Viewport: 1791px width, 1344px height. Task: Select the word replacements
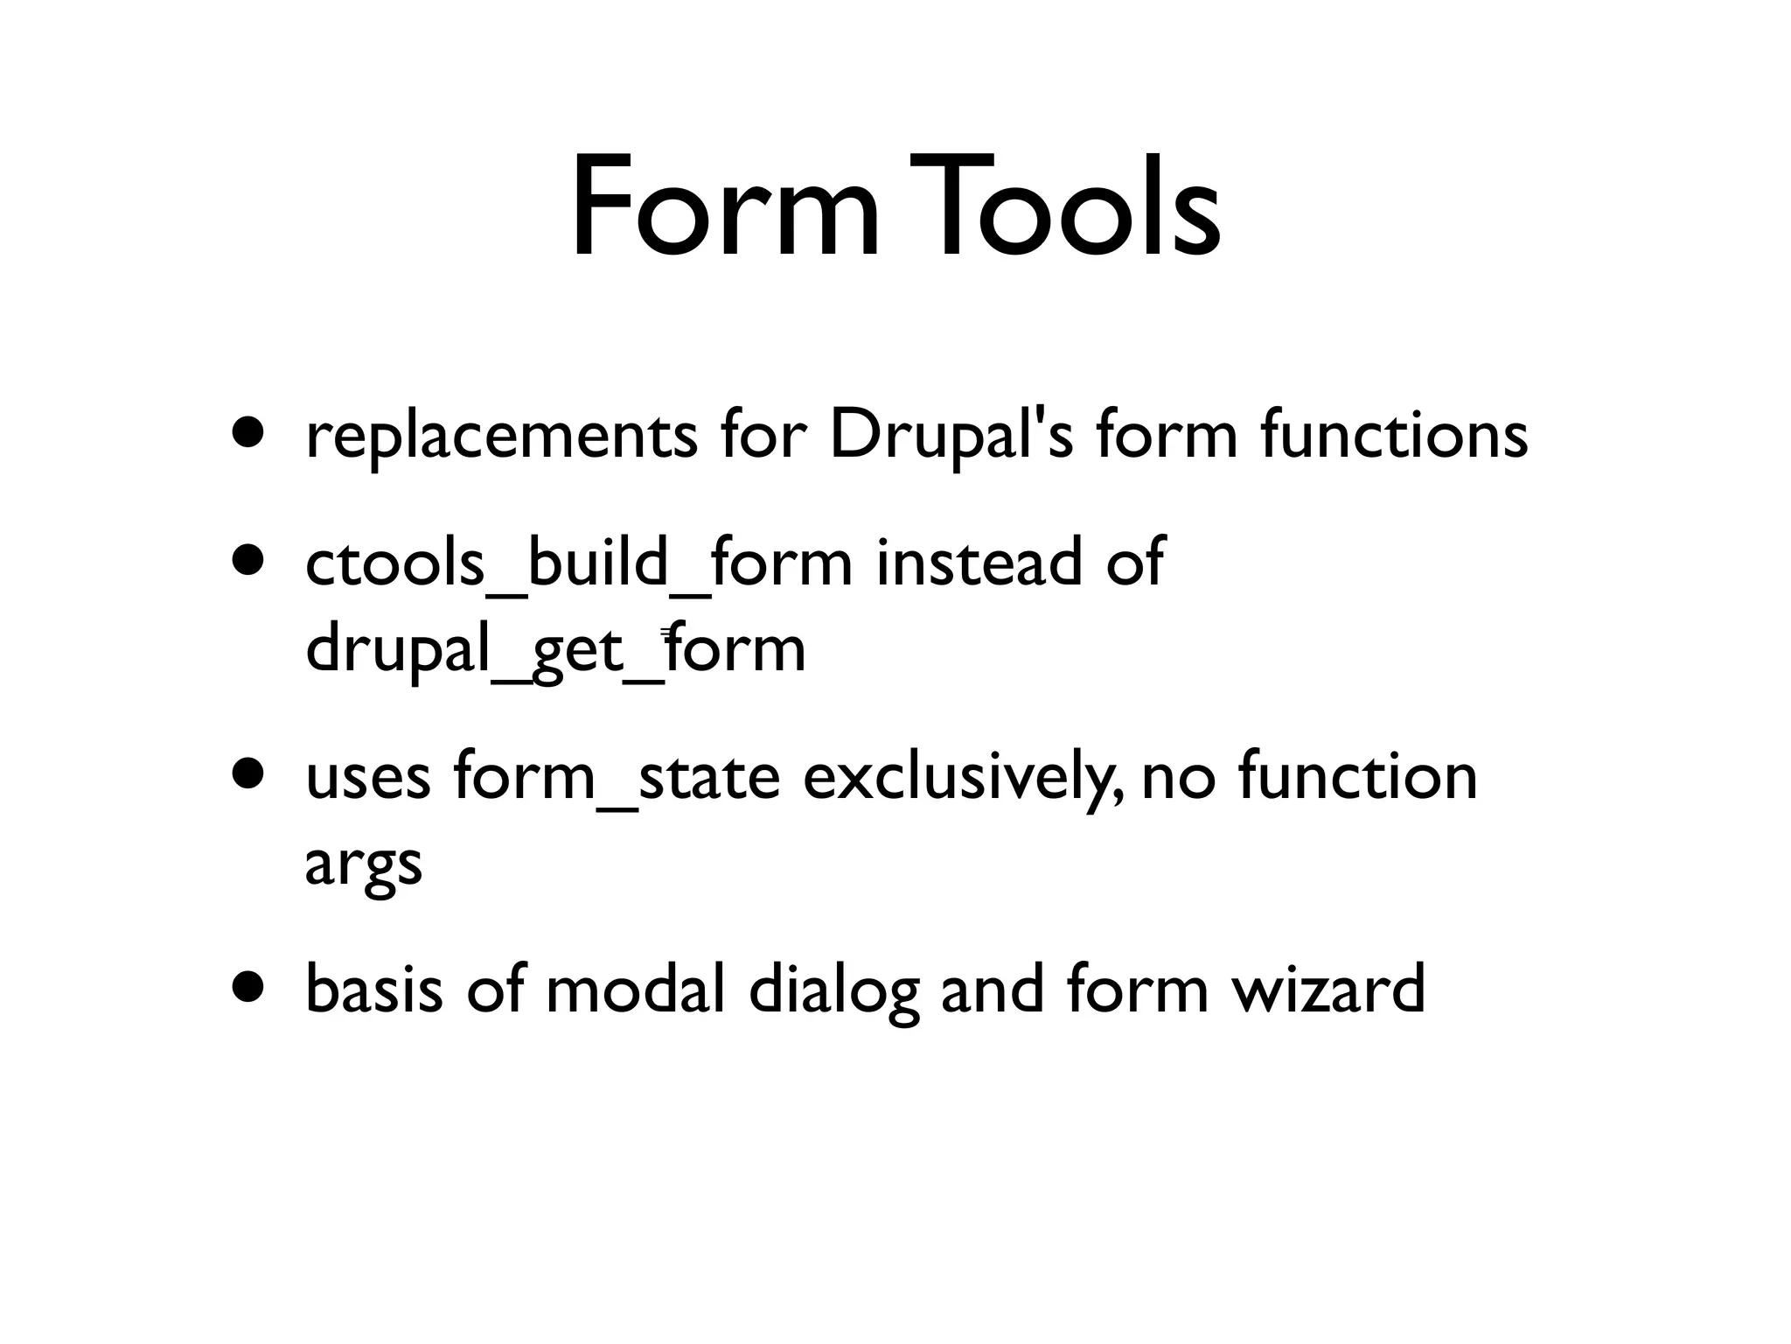click(501, 435)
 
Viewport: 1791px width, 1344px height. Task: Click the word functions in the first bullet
click(1394, 435)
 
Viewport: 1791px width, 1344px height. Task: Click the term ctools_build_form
click(578, 563)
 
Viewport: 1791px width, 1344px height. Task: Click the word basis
click(374, 990)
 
